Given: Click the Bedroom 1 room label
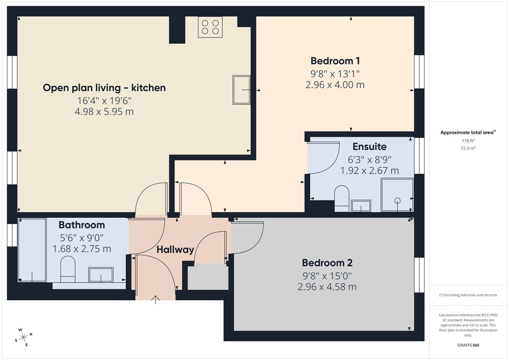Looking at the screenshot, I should pyautogui.click(x=335, y=61).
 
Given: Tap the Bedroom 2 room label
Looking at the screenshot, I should pyautogui.click(x=327, y=263).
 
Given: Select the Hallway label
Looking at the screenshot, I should pyautogui.click(x=175, y=249).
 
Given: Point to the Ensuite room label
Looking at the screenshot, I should pyautogui.click(x=369, y=147).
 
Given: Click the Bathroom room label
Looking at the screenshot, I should pyautogui.click(x=82, y=225).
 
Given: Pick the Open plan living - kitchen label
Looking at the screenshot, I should pyautogui.click(x=104, y=88).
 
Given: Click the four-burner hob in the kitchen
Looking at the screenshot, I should pyautogui.click(x=210, y=27).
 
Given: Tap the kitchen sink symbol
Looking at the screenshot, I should pyautogui.click(x=241, y=90).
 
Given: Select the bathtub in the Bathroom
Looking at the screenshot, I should pyautogui.click(x=32, y=250).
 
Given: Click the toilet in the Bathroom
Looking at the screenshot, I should pyautogui.click(x=68, y=269).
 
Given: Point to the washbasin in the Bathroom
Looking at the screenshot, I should pyautogui.click(x=101, y=275).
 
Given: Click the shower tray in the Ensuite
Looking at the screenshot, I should pyautogui.click(x=397, y=195).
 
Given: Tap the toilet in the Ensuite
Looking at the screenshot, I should pyautogui.click(x=341, y=198).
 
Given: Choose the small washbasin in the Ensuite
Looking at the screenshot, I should pyautogui.click(x=361, y=206).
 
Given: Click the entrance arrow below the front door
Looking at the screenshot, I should pyautogui.click(x=155, y=299).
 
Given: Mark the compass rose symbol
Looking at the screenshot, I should pyautogui.click(x=23, y=337).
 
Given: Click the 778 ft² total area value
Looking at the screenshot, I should pyautogui.click(x=468, y=141).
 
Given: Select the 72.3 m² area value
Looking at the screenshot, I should pyautogui.click(x=468, y=148).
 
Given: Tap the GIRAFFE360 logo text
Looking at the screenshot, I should pyautogui.click(x=468, y=345).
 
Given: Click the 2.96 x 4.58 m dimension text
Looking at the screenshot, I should pyautogui.click(x=327, y=287).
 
